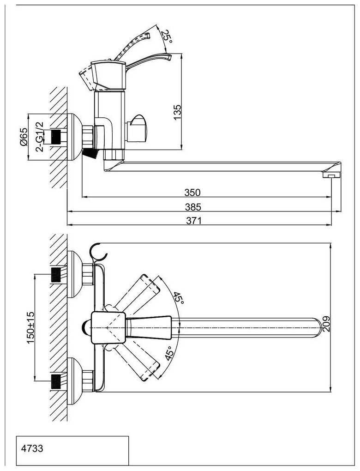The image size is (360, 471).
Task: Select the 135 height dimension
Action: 177,112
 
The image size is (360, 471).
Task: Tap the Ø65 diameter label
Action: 24,137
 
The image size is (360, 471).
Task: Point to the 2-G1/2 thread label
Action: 39,137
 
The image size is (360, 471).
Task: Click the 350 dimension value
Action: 192,192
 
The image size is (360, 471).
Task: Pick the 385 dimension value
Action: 193,207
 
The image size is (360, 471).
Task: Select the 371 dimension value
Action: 194,221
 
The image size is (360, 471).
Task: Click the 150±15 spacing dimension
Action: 30,328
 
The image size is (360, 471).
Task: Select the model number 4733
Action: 32,448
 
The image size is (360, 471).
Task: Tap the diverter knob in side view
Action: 137,128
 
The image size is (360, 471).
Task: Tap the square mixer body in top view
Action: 108,327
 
